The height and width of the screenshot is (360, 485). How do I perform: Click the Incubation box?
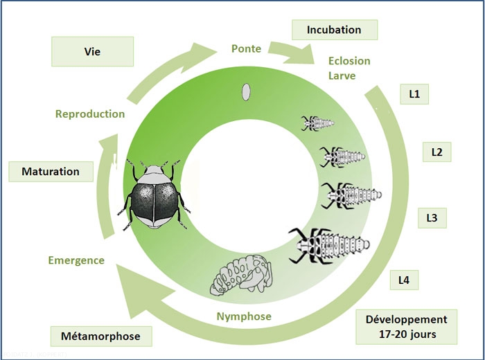pos(335,30)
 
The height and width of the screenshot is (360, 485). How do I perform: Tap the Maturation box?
pos(50,171)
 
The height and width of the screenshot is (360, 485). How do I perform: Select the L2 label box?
pos(436,152)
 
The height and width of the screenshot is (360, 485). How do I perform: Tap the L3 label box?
pos(431,218)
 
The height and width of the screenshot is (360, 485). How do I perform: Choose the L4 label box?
pos(403,280)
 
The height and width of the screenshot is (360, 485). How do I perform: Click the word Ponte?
pos(245,49)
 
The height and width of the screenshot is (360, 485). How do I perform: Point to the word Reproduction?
pos(90,114)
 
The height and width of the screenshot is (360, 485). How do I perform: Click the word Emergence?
pos(76,260)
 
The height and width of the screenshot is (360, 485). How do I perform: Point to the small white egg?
pos(245,91)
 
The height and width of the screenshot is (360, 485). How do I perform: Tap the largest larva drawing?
pos(330,244)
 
